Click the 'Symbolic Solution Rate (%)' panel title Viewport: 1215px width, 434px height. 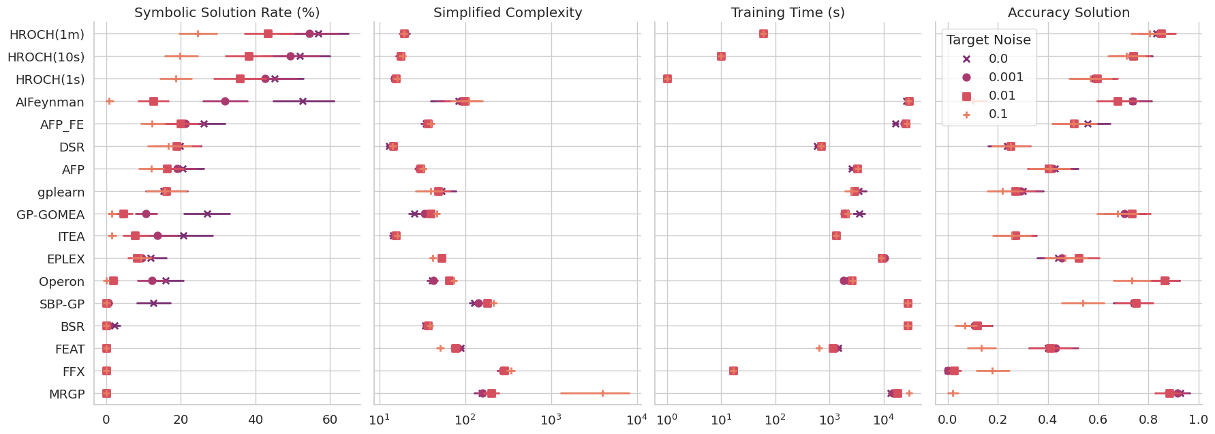[x=227, y=12]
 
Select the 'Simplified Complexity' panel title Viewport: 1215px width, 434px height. [x=508, y=12]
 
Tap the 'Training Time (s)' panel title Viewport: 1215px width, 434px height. [x=788, y=12]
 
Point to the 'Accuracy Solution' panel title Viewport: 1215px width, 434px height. [x=1068, y=12]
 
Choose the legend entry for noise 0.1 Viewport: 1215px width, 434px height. [x=998, y=114]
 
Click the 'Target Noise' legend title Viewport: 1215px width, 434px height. [x=989, y=40]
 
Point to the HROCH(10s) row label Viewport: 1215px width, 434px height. [x=46, y=57]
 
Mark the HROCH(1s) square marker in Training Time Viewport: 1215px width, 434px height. [x=667, y=79]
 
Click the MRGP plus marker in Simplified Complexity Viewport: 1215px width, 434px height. [x=602, y=393]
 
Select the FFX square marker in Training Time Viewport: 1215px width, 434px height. [x=733, y=371]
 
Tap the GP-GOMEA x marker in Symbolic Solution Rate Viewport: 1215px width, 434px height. [x=207, y=214]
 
